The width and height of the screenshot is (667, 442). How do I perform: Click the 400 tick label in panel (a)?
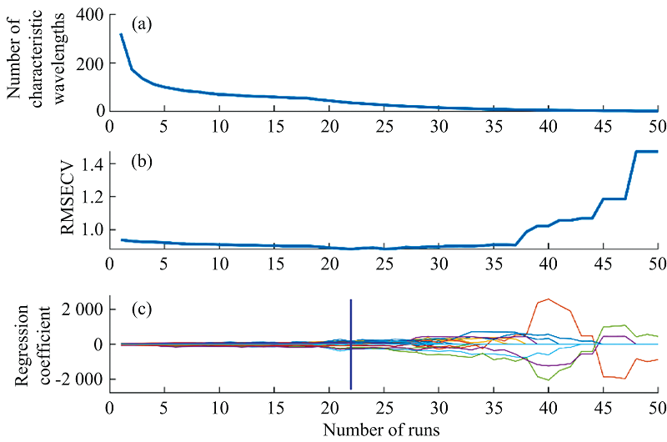(x=89, y=16)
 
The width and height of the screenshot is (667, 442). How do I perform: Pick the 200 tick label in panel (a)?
(x=89, y=63)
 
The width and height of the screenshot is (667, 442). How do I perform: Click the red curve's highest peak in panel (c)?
(x=548, y=299)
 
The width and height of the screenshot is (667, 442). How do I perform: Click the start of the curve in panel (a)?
(x=121, y=35)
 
